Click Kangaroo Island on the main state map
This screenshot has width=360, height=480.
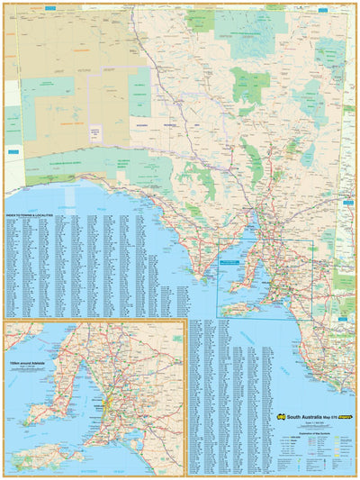238,309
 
